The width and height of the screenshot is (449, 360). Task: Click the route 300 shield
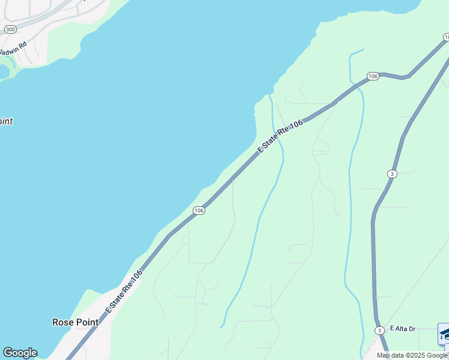10,29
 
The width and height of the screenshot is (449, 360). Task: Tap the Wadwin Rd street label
14,49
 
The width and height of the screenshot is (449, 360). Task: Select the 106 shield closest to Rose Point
199,211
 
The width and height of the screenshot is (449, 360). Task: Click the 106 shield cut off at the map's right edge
446,37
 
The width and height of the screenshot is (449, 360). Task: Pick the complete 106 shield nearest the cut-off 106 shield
373,76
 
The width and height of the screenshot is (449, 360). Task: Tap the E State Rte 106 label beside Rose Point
124,290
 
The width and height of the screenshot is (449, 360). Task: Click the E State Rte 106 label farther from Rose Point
280,136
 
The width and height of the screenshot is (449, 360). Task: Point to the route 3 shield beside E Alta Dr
379,331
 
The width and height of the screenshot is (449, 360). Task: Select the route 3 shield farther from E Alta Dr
391,173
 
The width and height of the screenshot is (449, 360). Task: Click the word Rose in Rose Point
63,322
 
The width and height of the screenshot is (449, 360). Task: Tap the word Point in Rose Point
87,322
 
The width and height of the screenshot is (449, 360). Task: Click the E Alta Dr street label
402,329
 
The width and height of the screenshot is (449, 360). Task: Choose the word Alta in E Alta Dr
402,329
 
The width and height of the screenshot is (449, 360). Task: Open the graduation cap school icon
444,334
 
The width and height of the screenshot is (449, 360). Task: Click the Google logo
20,353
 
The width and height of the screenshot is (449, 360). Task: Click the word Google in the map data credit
436,355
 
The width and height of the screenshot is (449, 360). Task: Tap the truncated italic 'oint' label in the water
6,121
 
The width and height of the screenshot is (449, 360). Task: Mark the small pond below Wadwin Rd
4,71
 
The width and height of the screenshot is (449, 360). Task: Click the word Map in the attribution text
383,355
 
